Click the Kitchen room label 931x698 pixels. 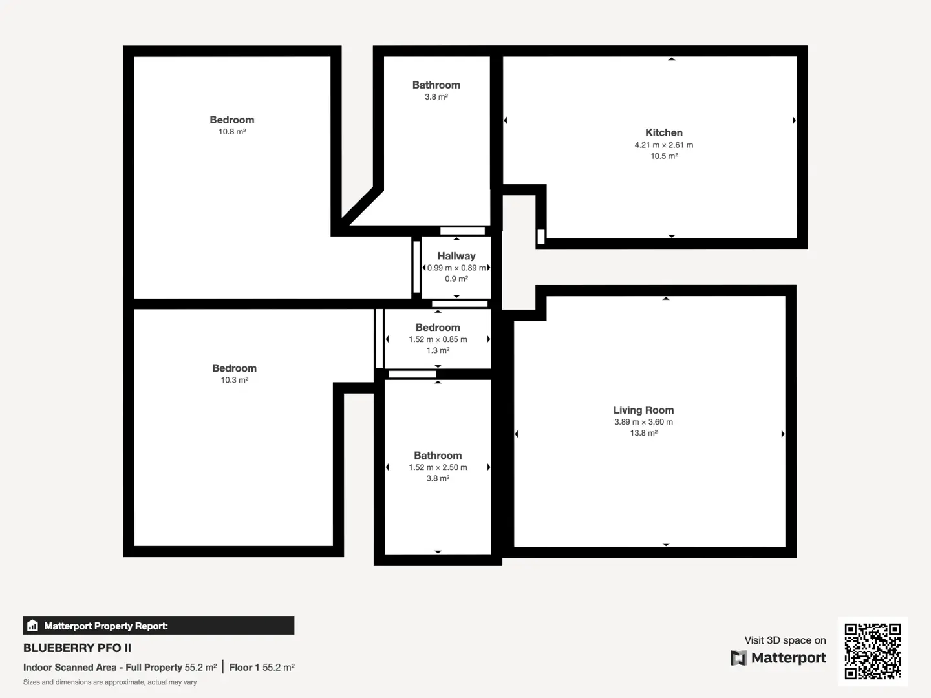(664, 132)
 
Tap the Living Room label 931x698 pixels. (643, 410)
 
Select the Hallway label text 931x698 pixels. (456, 256)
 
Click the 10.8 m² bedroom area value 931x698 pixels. (232, 132)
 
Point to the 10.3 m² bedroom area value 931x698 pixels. (235, 380)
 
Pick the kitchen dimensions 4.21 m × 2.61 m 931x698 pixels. (664, 145)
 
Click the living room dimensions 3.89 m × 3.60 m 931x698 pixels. (643, 421)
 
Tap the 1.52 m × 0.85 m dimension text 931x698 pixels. (438, 339)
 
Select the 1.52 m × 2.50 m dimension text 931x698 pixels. (438, 467)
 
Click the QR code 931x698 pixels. (872, 651)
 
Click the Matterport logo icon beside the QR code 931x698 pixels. (738, 658)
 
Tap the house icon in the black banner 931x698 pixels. (33, 626)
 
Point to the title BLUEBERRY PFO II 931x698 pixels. (77, 648)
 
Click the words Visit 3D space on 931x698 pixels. (785, 640)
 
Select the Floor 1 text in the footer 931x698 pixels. (244, 668)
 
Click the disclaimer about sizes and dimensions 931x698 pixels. (110, 682)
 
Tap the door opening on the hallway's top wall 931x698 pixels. (462, 231)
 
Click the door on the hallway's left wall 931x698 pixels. (416, 266)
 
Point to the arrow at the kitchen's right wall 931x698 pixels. (794, 120)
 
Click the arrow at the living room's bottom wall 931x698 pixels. (666, 545)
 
